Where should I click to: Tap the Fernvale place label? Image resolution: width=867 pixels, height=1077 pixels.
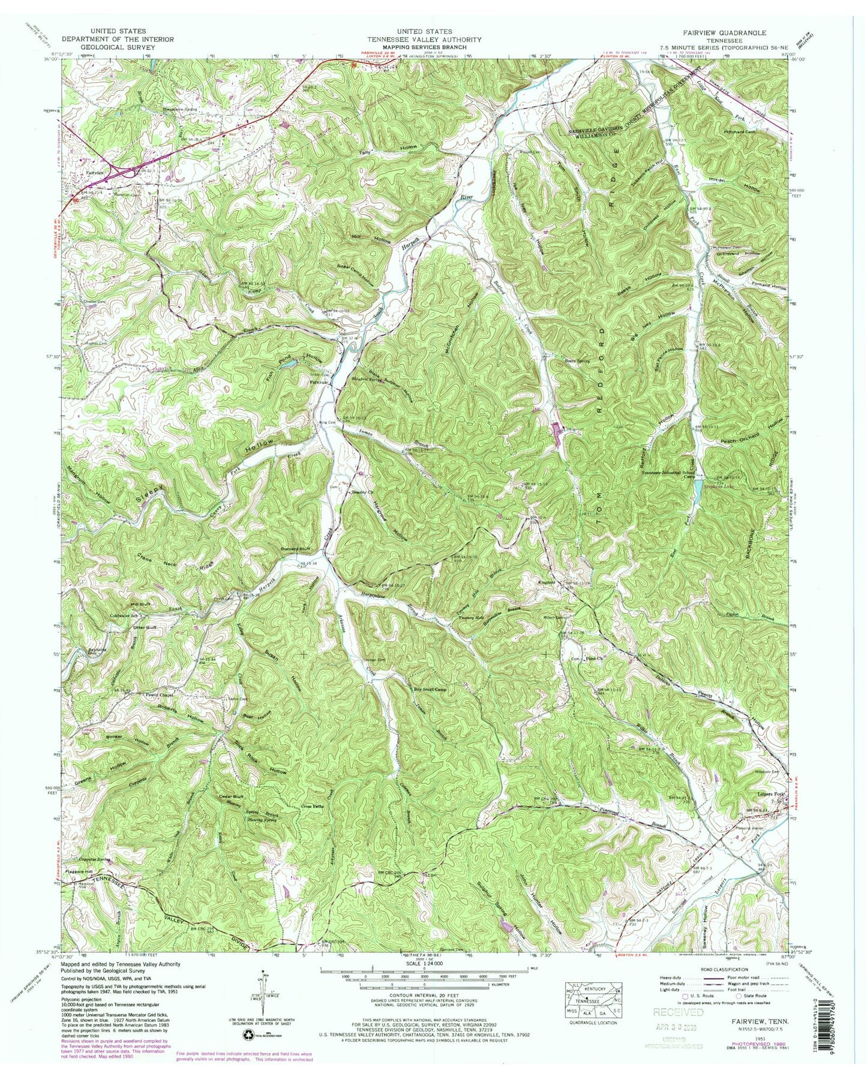[318, 381]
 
